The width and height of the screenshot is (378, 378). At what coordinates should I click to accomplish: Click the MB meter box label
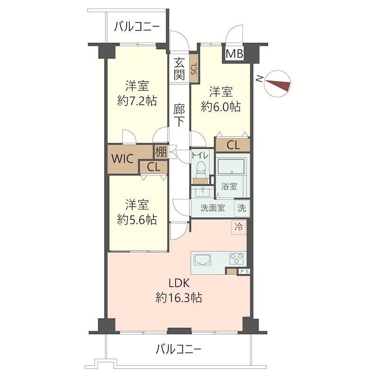(x=234, y=53)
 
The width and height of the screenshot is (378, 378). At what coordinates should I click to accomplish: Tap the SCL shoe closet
(x=194, y=69)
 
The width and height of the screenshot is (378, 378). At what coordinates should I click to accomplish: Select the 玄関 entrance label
(x=180, y=69)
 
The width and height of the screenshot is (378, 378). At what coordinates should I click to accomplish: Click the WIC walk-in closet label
(x=122, y=159)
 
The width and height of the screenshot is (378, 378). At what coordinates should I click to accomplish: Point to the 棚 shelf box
(x=161, y=152)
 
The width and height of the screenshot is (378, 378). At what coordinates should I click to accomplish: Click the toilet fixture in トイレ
(x=200, y=169)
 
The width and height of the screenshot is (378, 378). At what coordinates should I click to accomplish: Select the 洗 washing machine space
(x=242, y=208)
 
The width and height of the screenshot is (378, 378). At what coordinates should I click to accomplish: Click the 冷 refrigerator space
(x=239, y=227)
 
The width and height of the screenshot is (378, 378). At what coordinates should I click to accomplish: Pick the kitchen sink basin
(x=202, y=260)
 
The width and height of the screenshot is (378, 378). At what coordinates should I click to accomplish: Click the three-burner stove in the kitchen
(x=237, y=259)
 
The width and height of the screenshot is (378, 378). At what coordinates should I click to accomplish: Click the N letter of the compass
(x=259, y=78)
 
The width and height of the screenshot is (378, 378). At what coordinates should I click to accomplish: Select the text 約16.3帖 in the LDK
(x=179, y=298)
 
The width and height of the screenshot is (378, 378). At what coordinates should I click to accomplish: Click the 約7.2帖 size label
(x=137, y=101)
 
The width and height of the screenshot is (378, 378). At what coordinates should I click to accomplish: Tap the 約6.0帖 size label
(x=221, y=106)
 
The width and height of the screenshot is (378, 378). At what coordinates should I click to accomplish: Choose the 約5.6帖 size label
(x=137, y=219)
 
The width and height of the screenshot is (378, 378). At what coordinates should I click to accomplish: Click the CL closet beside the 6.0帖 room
(x=233, y=145)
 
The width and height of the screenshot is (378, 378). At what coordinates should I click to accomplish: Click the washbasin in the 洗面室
(x=202, y=192)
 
